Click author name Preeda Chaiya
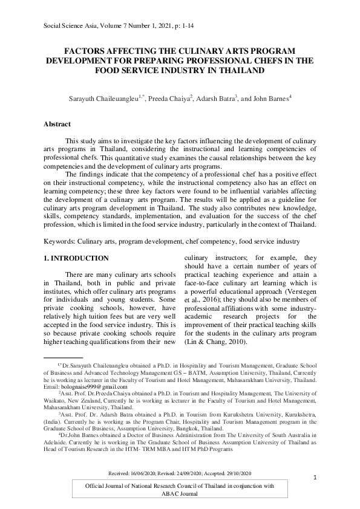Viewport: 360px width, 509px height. (188, 97)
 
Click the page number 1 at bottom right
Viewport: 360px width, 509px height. (315, 478)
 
